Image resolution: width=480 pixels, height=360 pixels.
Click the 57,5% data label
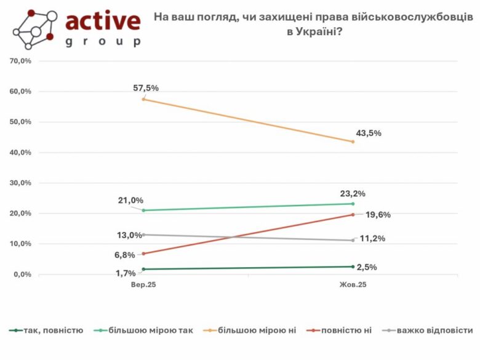[x=146, y=88]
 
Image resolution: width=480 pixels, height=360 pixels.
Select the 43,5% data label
[x=369, y=133]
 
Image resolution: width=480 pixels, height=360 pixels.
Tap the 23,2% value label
[x=353, y=193]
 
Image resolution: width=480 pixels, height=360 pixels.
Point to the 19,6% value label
[x=378, y=215]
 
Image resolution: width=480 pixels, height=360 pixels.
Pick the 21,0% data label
[x=131, y=200]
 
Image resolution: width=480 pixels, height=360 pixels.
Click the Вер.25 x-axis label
[x=143, y=285]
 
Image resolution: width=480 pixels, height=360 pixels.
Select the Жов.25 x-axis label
[x=353, y=285]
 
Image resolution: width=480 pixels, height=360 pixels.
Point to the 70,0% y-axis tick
[x=20, y=61]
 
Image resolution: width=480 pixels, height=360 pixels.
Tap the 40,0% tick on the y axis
[x=20, y=152]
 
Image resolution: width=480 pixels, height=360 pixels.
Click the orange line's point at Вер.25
[x=143, y=99]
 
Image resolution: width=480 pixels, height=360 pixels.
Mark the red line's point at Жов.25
[x=353, y=215]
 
